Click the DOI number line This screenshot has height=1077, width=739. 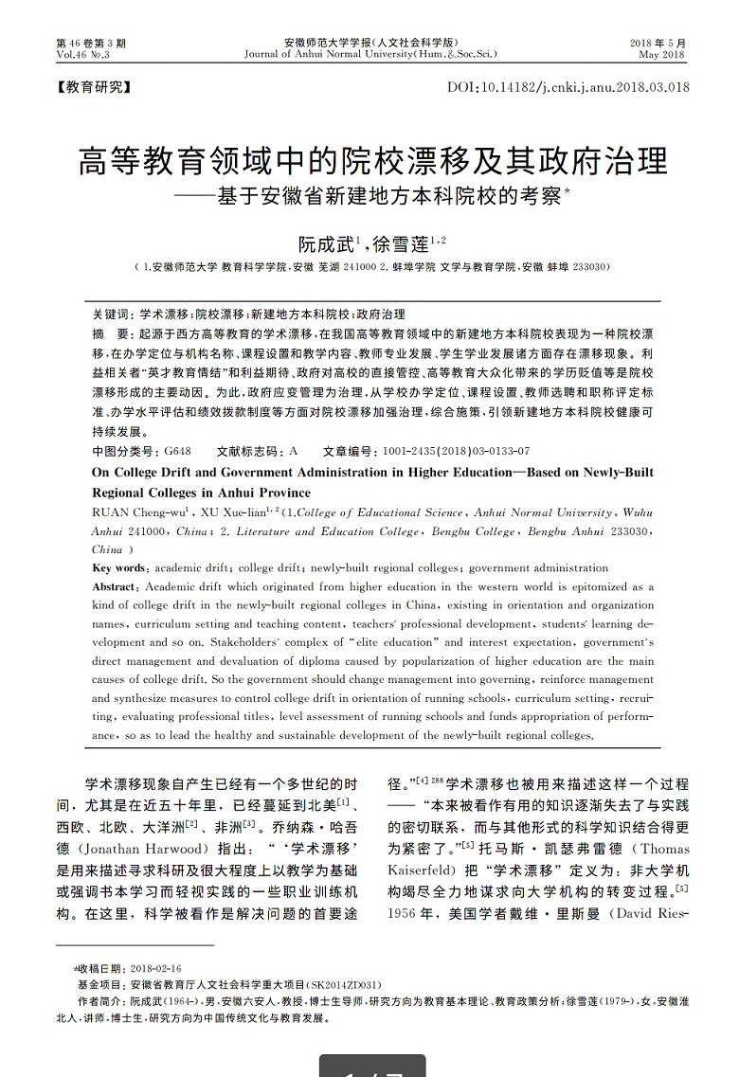click(567, 88)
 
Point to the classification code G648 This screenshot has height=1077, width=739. click(177, 451)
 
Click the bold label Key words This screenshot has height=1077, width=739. click(118, 568)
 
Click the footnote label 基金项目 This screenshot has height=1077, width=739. click(99, 984)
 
